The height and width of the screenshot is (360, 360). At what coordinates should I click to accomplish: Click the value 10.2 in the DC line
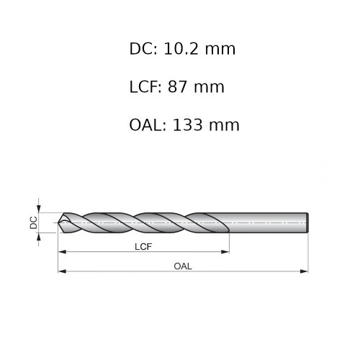pos(183,49)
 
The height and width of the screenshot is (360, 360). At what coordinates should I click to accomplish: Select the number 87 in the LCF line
pos(177,87)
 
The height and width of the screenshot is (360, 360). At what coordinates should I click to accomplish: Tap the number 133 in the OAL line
pos(188,125)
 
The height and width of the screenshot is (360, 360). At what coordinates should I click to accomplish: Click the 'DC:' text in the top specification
pos(144,49)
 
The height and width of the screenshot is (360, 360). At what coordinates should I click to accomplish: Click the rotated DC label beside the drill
pos(33,222)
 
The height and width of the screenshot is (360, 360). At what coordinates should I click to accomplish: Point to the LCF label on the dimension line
pos(143,246)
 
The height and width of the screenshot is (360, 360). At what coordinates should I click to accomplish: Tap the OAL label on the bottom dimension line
pos(183,266)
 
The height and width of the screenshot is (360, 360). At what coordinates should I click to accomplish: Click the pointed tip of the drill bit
pos(59,222)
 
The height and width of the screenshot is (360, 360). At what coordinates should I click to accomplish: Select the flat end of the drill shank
pos(307,222)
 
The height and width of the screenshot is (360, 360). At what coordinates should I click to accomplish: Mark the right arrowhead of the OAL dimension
pos(305,271)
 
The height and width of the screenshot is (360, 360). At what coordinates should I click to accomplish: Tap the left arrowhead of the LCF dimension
pos(62,252)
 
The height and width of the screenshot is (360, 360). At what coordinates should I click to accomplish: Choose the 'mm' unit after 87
pos(210,87)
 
